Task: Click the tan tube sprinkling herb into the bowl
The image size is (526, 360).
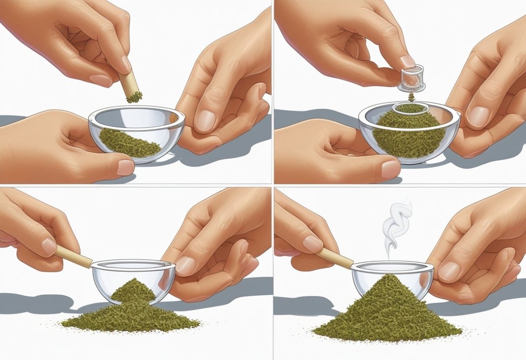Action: click(128, 84)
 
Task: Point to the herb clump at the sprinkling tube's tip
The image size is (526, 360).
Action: click(134, 97)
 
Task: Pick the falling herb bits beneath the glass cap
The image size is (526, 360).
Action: click(412, 96)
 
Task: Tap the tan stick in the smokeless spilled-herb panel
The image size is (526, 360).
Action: click(74, 257)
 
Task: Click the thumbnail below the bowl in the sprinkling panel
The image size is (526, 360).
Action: click(126, 167)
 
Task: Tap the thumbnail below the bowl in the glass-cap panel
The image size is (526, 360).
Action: click(390, 169)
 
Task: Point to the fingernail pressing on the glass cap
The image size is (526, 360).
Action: click(408, 61)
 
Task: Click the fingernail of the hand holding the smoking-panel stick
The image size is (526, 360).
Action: click(313, 243)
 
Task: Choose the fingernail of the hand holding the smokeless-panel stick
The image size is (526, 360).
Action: click(49, 246)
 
